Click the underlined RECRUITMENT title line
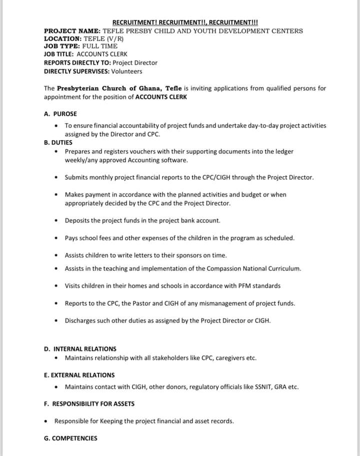point(185,23)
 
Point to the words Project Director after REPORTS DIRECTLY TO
point(135,63)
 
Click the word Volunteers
point(126,72)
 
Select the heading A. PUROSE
point(60,114)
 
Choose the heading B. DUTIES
point(58,143)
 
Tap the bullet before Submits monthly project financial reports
point(57,178)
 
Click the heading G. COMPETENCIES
point(70,438)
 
